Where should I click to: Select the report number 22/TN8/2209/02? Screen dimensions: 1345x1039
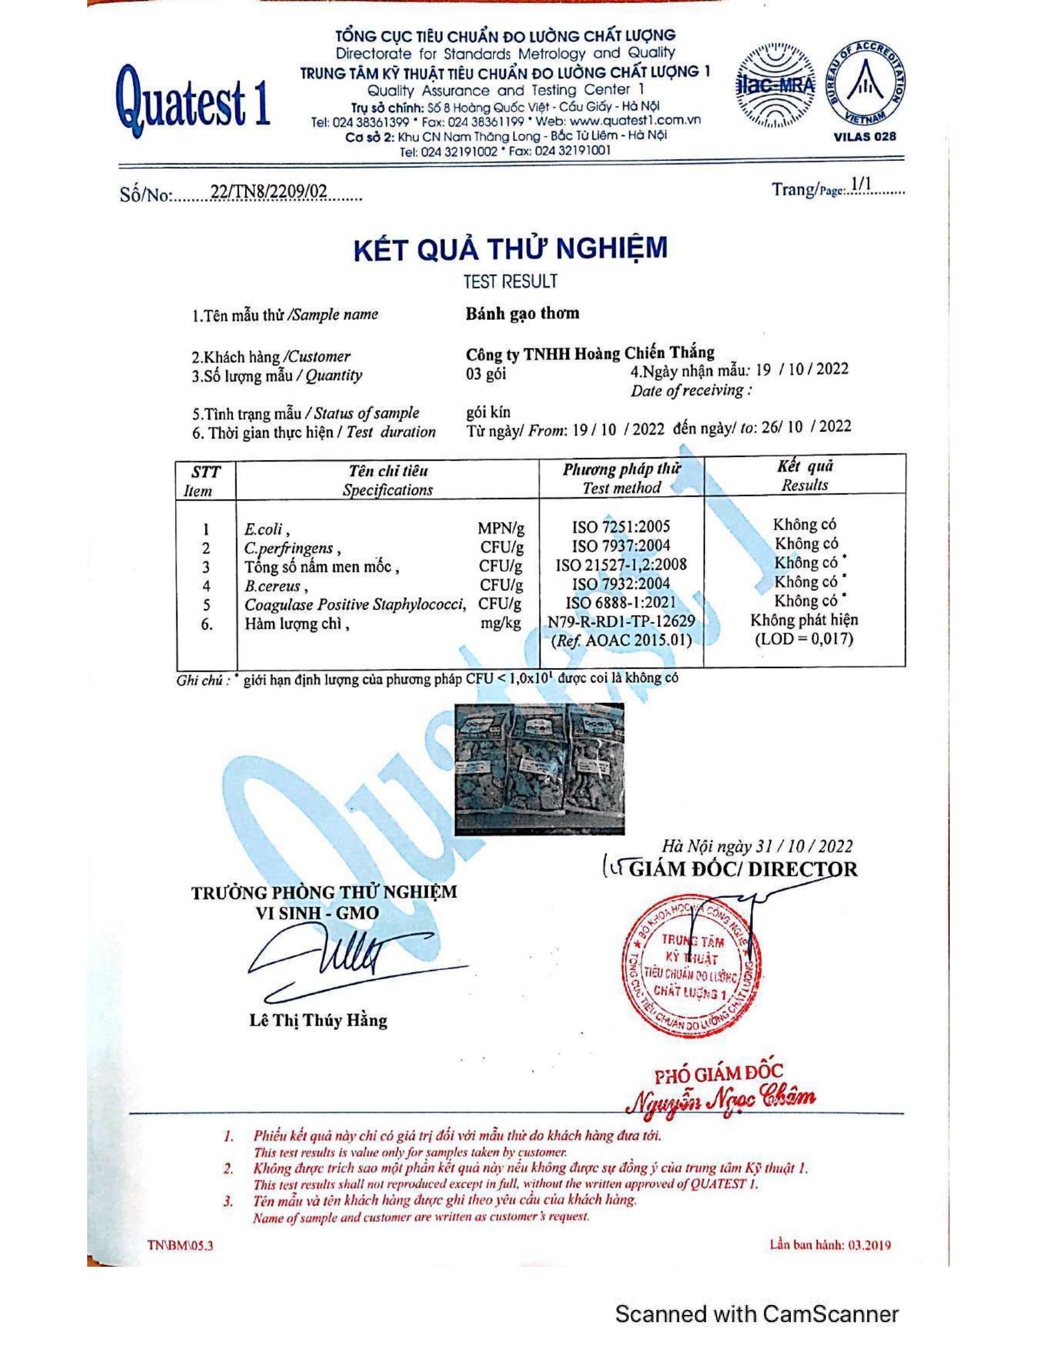click(x=269, y=193)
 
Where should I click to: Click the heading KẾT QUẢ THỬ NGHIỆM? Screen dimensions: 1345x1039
click(x=510, y=248)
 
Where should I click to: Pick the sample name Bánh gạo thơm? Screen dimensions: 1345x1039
click(x=522, y=313)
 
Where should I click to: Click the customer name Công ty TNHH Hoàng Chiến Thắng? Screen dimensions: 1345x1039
click(x=590, y=353)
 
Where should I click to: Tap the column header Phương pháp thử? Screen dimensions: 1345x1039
click(x=622, y=469)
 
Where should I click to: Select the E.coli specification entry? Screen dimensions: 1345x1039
click(x=264, y=529)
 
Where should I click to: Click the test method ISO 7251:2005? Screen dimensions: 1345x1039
click(x=621, y=527)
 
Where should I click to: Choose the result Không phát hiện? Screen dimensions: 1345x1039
click(x=804, y=620)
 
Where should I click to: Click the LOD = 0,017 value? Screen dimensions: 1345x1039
click(x=804, y=639)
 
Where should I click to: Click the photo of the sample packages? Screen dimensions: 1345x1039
click(x=539, y=769)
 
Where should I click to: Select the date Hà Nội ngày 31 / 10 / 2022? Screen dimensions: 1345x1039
click(x=757, y=847)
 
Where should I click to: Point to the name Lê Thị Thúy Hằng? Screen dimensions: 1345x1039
click(x=318, y=1021)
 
